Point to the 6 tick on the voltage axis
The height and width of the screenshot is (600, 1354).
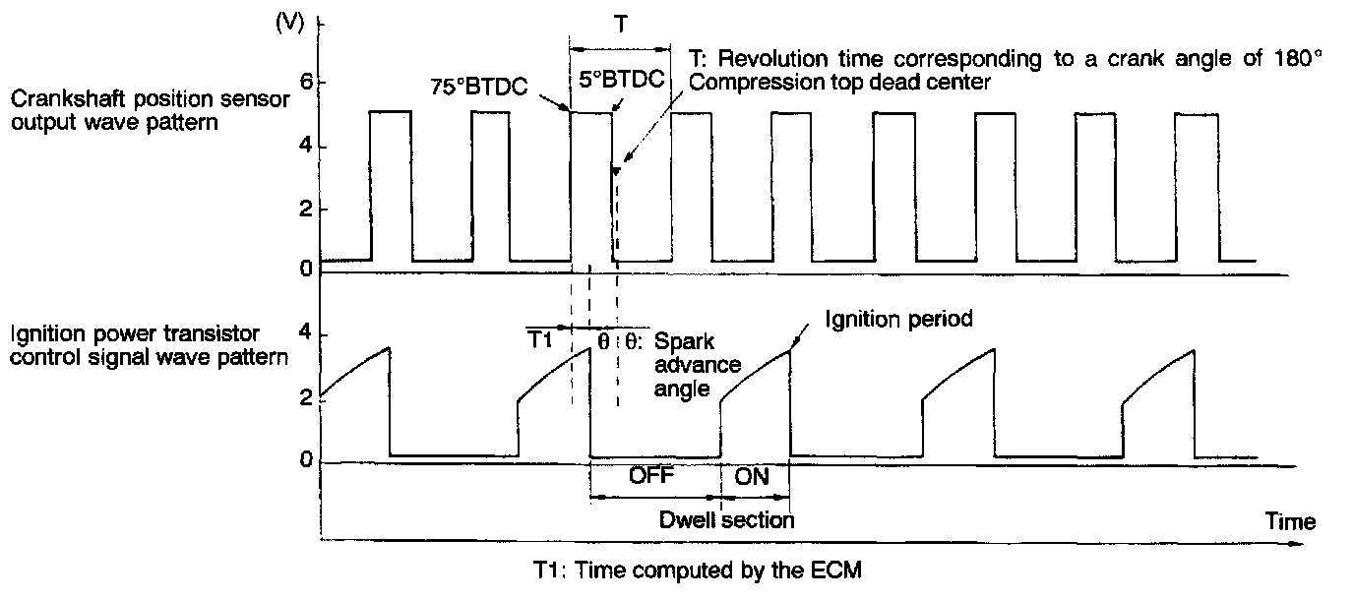(307, 83)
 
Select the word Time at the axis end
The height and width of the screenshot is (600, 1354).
(1289, 521)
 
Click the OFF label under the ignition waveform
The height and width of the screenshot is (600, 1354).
(649, 477)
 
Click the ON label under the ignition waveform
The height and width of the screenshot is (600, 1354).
(753, 477)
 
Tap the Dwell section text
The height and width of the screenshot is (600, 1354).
(726, 519)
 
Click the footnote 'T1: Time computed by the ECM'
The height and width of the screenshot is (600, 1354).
(697, 570)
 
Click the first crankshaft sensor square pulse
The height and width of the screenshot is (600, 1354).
(390, 187)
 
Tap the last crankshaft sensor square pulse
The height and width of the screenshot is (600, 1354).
(1197, 187)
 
